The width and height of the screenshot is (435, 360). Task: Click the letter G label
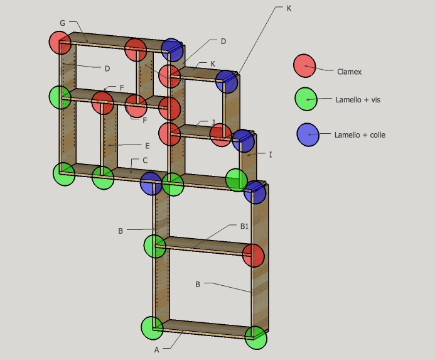tap(62, 23)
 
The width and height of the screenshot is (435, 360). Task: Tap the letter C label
tap(145, 160)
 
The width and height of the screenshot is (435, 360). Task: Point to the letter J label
tap(213, 123)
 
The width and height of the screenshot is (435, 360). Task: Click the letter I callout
tap(271, 154)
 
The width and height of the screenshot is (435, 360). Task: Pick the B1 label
tap(244, 226)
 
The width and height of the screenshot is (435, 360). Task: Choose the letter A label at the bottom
tap(156, 350)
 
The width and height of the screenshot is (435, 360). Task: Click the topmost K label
tap(289, 9)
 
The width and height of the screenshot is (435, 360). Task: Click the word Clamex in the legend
tap(349, 72)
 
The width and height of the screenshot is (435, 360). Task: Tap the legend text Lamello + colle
tap(360, 134)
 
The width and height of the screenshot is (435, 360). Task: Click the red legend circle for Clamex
tap(304, 65)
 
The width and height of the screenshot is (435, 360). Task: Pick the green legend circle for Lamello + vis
tap(306, 99)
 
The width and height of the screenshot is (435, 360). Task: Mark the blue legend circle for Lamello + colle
tap(308, 135)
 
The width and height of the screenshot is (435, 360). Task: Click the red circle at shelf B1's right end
tap(253, 256)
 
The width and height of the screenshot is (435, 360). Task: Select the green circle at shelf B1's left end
tap(155, 246)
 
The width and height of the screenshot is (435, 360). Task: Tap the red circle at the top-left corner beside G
tap(60, 43)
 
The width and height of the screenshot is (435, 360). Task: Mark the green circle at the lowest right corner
tap(256, 338)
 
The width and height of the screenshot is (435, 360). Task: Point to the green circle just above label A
tap(152, 327)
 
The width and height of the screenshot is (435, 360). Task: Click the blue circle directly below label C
tap(151, 183)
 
